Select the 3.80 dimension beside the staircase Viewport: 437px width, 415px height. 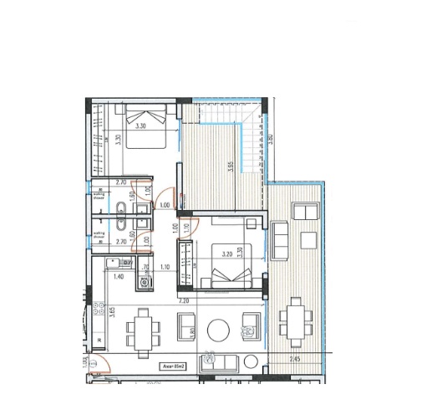[271, 139]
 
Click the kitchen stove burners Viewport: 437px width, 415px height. [148, 283]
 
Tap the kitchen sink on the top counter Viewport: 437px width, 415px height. [116, 262]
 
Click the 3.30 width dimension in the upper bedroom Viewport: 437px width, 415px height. [141, 125]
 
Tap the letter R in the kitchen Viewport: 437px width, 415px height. [100, 339]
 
